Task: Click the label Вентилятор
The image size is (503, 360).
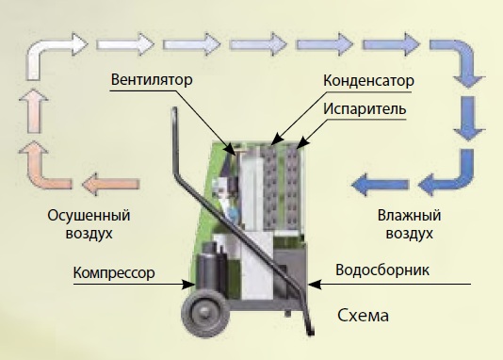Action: click(152, 79)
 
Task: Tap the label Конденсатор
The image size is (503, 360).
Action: click(368, 80)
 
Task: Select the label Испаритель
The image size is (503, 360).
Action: click(365, 108)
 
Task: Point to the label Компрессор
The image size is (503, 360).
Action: click(114, 273)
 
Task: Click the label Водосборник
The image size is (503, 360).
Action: click(382, 270)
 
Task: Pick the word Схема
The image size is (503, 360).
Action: click(364, 316)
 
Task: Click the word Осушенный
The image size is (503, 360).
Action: click(89, 215)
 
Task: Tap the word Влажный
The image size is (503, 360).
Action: click(409, 215)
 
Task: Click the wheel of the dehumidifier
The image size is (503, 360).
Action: click(205, 312)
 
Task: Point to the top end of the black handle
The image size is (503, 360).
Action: click(174, 109)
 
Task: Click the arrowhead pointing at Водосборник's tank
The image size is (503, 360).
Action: click(315, 285)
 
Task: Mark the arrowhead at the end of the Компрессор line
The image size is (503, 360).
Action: click(188, 285)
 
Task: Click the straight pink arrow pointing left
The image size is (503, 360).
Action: click(111, 184)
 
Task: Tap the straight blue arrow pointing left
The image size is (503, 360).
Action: click(381, 185)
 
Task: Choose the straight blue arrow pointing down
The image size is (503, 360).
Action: click(469, 119)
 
